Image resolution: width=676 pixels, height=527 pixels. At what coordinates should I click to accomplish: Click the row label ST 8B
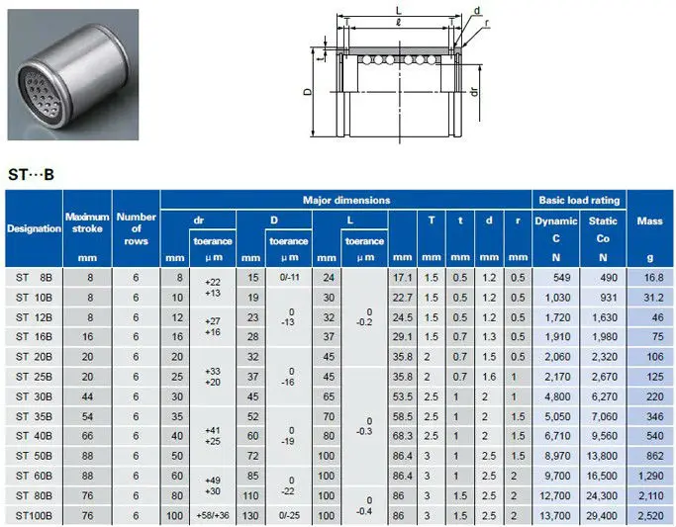(x=34, y=278)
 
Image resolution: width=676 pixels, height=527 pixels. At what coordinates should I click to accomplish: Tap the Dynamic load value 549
(x=562, y=278)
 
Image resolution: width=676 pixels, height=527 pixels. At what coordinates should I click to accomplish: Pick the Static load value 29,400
(x=602, y=516)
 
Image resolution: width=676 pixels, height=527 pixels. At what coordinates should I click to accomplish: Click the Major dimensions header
(x=346, y=200)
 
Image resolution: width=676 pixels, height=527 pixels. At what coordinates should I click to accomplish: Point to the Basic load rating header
(x=579, y=200)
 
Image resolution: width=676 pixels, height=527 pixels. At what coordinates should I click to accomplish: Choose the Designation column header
(x=34, y=228)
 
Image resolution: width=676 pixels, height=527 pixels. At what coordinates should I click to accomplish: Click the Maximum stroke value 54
(x=87, y=416)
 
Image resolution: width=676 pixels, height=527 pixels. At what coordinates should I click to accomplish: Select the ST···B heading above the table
(x=31, y=174)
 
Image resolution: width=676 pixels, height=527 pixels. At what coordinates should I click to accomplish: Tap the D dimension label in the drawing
(x=308, y=91)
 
